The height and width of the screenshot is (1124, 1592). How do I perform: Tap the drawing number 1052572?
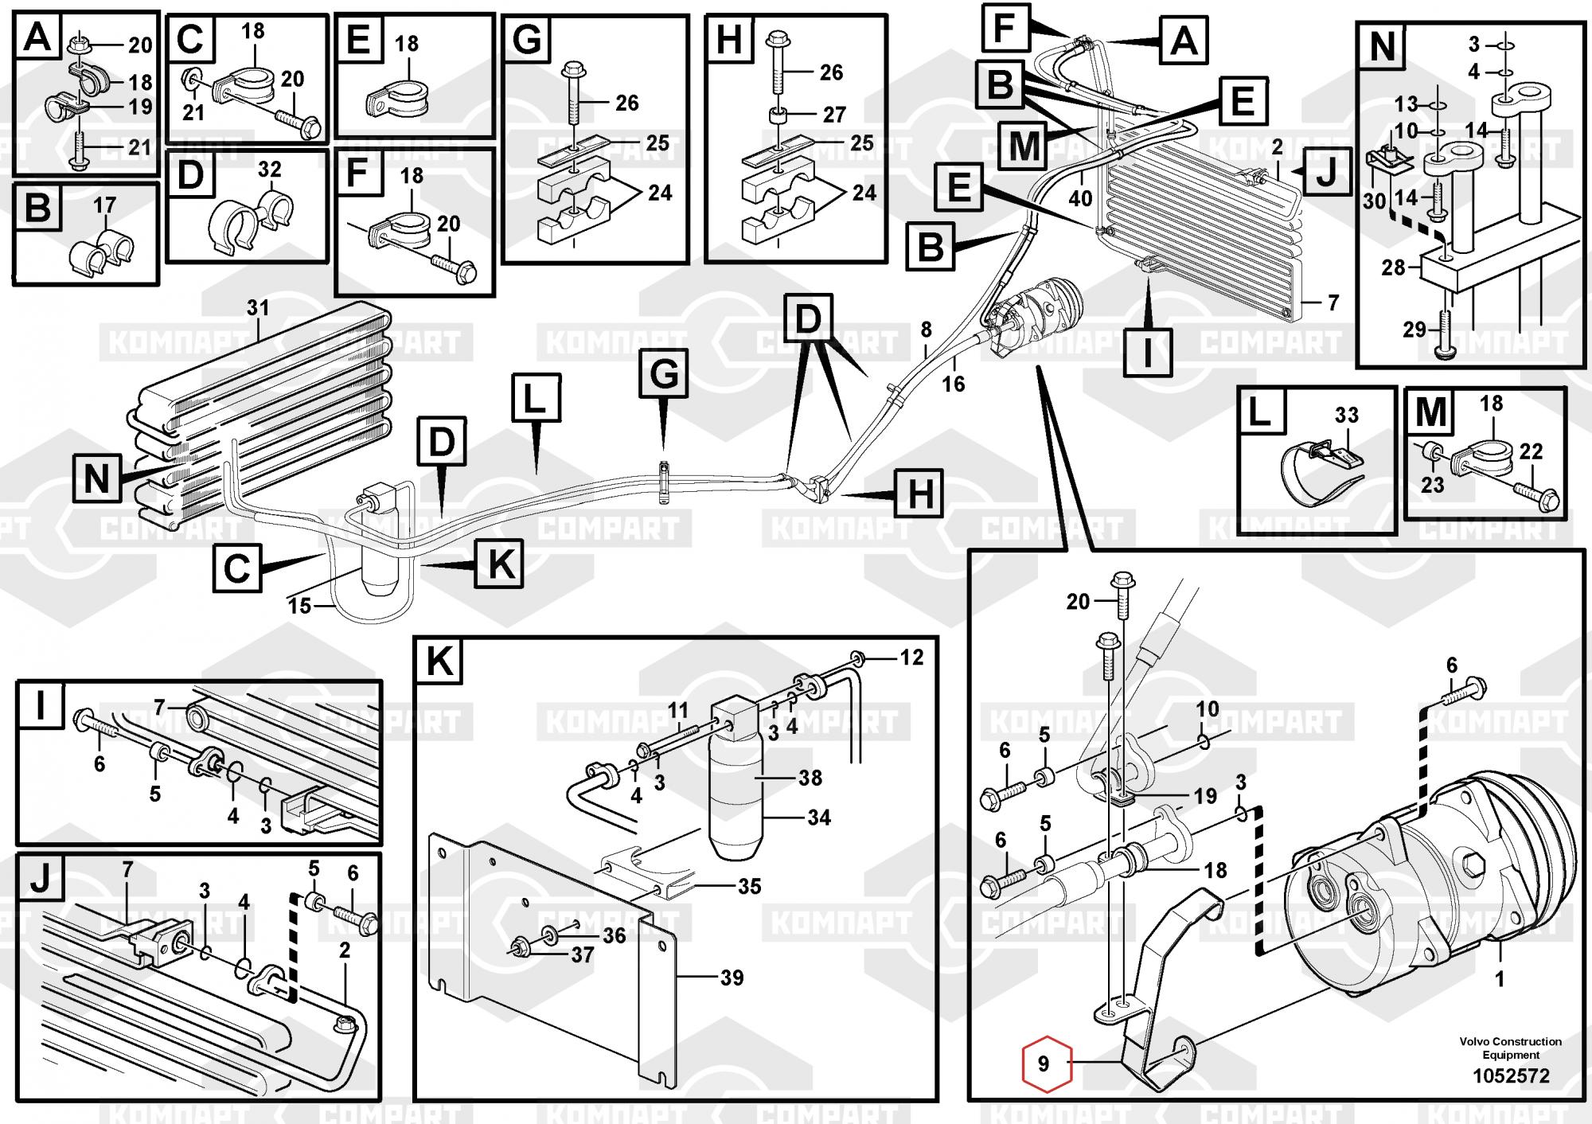click(1511, 1076)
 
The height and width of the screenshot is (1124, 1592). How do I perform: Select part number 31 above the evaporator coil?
click(257, 308)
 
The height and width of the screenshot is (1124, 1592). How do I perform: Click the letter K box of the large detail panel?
click(439, 660)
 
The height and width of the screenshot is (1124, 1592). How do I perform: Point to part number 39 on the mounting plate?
click(732, 978)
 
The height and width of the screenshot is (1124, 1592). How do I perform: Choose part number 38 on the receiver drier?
click(810, 777)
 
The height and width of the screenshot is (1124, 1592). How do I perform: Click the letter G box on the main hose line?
click(664, 373)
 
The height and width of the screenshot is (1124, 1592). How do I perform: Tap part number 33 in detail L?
click(1346, 415)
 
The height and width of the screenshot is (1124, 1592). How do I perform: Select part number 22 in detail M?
click(1531, 451)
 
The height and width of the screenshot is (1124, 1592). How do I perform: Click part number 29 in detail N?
click(1414, 329)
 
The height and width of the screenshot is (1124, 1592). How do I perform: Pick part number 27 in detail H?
click(833, 115)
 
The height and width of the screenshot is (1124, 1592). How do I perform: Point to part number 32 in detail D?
click(270, 170)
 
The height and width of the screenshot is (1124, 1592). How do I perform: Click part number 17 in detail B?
click(104, 205)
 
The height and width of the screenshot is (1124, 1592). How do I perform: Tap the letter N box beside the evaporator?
click(96, 479)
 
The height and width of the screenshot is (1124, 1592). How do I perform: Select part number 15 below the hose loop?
click(299, 606)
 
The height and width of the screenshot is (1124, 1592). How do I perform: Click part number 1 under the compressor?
click(1500, 978)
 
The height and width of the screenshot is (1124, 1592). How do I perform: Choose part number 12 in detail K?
click(911, 657)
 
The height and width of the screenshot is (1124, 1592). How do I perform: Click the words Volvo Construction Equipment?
click(1511, 1048)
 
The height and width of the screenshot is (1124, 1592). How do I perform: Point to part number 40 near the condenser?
click(1080, 197)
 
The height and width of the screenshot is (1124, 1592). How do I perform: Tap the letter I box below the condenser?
click(1147, 351)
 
